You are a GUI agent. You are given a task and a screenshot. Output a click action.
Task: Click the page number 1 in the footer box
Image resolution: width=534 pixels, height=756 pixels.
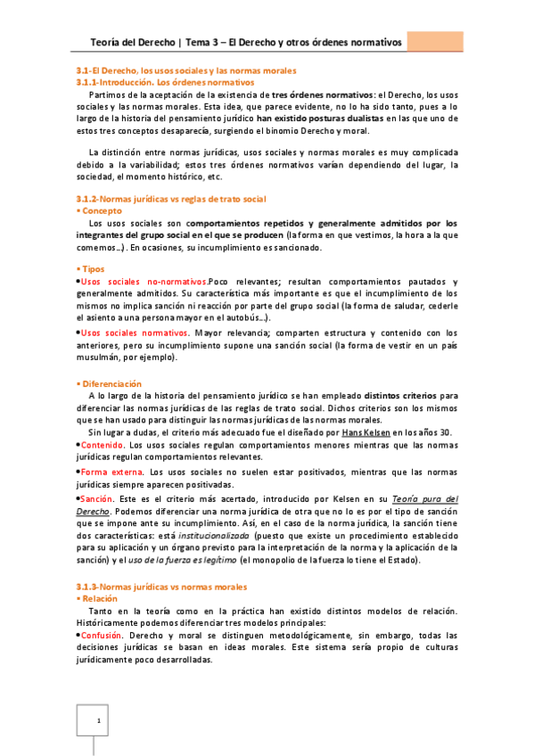click(x=101, y=720)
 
